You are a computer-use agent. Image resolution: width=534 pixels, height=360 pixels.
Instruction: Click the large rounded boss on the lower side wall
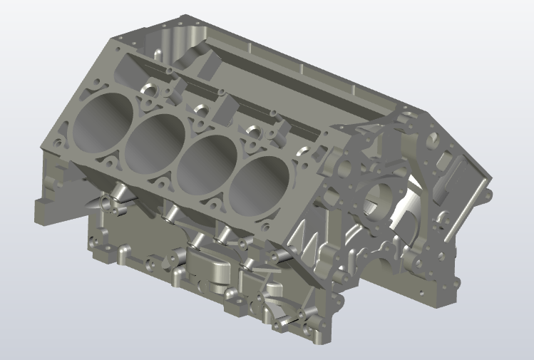click(210, 269)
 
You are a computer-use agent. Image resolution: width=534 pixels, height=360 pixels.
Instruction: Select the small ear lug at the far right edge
click(486, 192)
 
